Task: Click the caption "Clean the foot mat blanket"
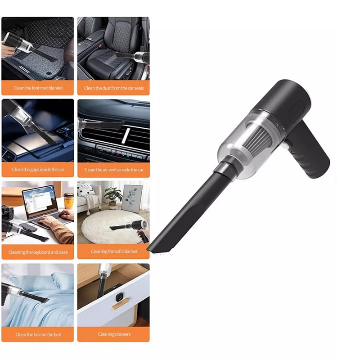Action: click(x=38, y=88)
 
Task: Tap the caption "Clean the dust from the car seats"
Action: click(x=114, y=88)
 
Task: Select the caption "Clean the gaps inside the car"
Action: click(x=38, y=170)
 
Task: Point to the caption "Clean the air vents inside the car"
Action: click(x=114, y=170)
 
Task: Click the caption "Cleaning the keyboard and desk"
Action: click(x=38, y=252)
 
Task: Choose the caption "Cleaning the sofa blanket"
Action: click(x=114, y=252)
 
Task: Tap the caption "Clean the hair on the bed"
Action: click(x=38, y=334)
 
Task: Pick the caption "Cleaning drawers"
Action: click(x=114, y=334)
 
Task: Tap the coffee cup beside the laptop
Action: click(x=69, y=201)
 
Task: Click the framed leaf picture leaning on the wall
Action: click(x=131, y=199)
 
